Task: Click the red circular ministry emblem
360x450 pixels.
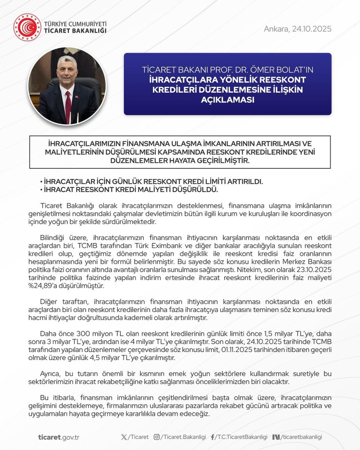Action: point(27,27)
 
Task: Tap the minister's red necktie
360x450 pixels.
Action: point(68,106)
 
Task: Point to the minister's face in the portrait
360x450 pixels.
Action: point(67,70)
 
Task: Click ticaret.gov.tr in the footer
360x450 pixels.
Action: point(58,437)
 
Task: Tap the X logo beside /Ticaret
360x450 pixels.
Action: point(124,437)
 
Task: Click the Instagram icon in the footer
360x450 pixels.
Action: point(157,437)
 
